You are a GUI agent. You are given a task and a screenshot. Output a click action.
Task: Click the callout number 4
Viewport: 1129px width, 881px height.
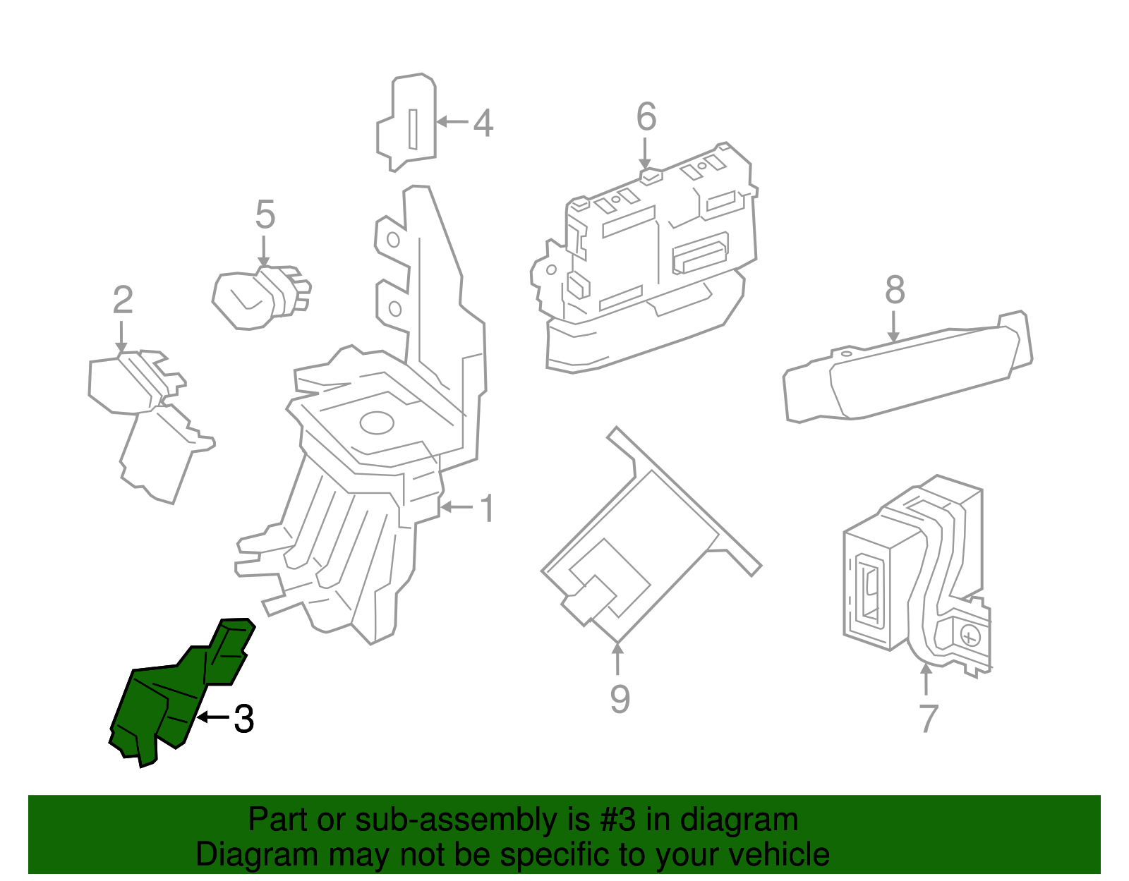point(483,123)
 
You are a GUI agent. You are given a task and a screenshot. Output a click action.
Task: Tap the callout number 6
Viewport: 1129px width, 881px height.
point(646,116)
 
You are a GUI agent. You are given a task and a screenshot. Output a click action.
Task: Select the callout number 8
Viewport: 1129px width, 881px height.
point(895,289)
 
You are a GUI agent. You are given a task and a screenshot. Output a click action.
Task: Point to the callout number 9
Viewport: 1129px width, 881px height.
point(620,698)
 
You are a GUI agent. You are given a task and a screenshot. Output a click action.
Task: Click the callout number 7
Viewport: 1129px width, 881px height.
point(929,719)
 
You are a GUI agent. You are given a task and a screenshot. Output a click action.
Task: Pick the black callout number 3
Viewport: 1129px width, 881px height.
point(243,719)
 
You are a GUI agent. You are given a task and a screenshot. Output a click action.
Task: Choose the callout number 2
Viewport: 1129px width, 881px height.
point(123,300)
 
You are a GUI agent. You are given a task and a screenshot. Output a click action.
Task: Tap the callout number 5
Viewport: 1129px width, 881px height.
point(265,214)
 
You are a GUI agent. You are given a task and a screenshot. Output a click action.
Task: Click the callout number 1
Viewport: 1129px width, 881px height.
point(487,508)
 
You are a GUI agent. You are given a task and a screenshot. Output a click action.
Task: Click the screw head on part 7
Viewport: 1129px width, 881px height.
point(971,637)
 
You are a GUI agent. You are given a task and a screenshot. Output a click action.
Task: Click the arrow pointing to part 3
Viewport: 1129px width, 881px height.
point(212,717)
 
